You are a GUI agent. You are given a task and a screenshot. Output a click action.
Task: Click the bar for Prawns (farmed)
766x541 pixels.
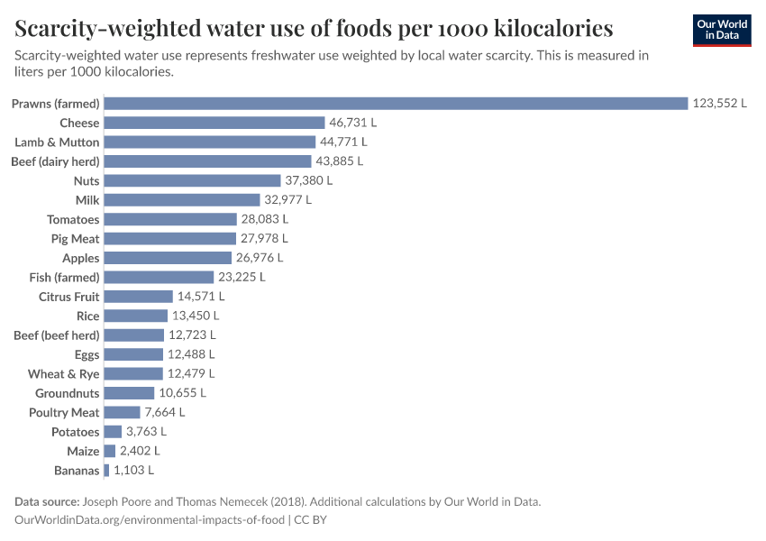pos(396,104)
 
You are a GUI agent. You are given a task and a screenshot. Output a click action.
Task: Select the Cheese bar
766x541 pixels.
pos(214,123)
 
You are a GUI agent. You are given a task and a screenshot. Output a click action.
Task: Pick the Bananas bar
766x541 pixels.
pos(107,470)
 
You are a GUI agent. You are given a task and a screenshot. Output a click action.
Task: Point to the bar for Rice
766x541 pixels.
pos(136,316)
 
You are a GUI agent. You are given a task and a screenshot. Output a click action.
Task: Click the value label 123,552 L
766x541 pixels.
pos(719,104)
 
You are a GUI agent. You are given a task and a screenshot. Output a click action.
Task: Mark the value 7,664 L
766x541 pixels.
pos(165,412)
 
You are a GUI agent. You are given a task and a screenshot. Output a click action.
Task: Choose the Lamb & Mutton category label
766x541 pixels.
pos(57,142)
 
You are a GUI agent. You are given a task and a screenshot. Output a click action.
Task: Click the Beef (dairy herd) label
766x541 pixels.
pos(56,161)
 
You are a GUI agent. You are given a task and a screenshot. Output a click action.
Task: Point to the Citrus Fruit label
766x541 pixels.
pos(68,297)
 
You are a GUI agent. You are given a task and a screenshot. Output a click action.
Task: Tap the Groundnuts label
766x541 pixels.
pos(67,393)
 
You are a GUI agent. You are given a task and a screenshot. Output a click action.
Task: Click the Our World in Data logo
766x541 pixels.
pos(721,30)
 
